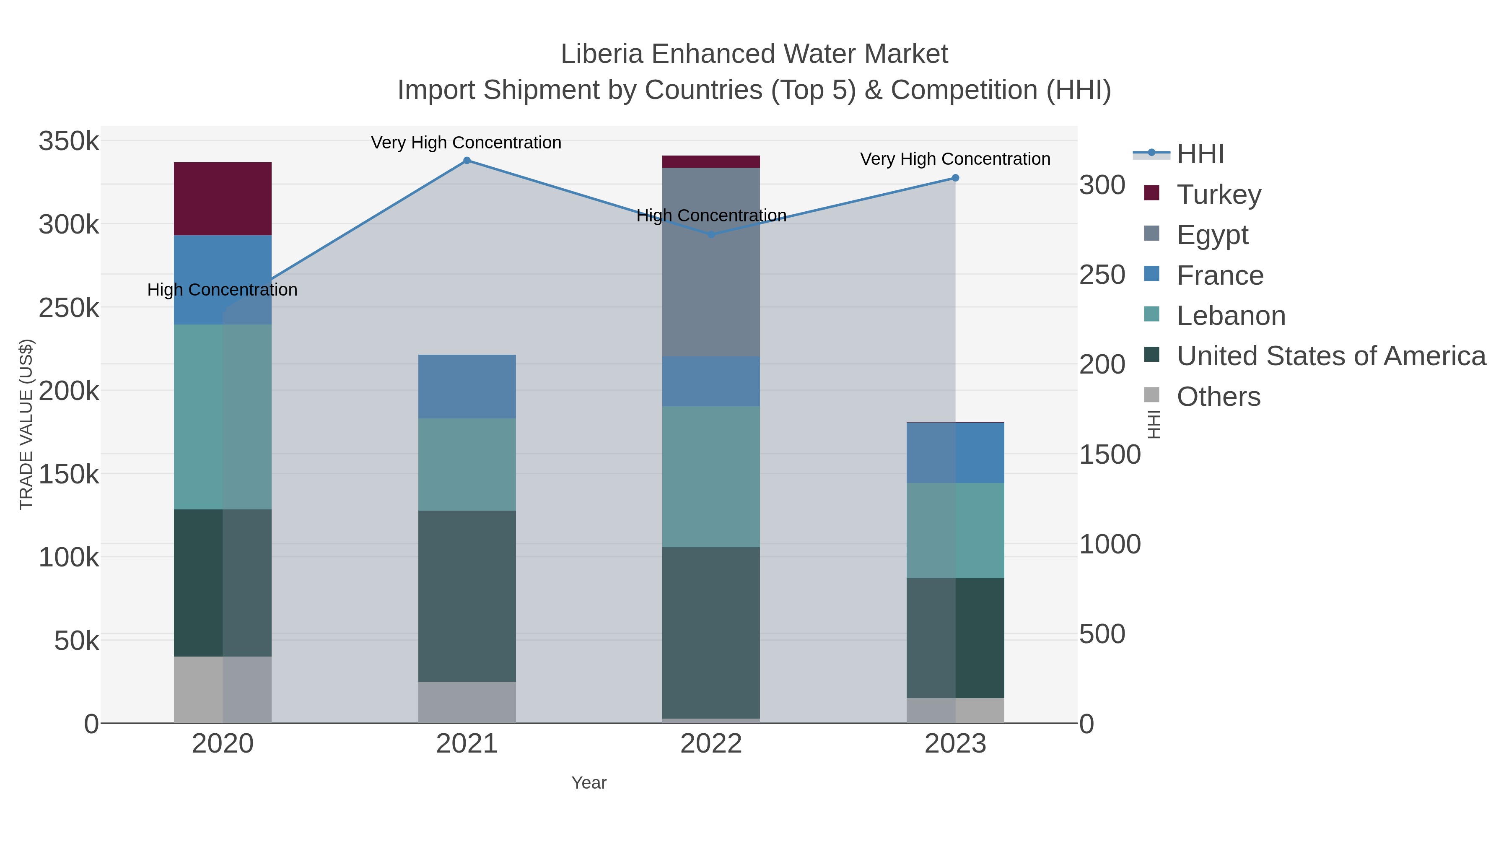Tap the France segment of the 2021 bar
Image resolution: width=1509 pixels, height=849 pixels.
tap(467, 386)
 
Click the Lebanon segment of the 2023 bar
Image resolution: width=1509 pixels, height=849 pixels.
tap(955, 530)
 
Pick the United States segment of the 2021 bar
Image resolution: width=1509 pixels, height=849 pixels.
tap(467, 595)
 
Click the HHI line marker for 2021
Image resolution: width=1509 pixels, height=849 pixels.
tap(467, 161)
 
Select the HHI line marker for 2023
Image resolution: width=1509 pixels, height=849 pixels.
tap(955, 178)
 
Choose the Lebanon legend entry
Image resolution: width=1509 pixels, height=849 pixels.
tap(1230, 316)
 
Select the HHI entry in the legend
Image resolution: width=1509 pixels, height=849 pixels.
tap(1200, 154)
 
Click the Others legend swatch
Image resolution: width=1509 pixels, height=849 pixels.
tap(1152, 395)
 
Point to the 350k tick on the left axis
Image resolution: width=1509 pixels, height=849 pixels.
tap(69, 142)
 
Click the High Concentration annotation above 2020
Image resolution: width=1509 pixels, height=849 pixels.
tap(223, 290)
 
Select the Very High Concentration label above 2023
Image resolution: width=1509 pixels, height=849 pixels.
tap(955, 159)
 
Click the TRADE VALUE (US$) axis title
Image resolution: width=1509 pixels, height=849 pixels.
tap(26, 424)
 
